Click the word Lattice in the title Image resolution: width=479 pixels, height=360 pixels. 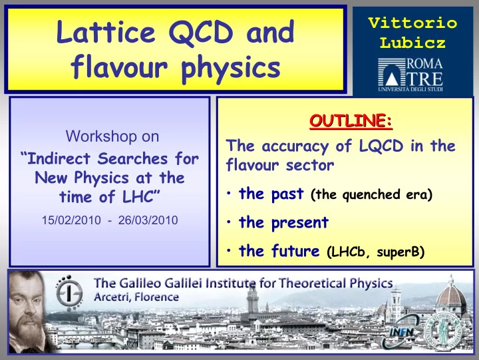(106, 31)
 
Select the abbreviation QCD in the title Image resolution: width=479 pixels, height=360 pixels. (201, 33)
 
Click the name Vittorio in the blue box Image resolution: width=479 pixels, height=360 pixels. (412, 23)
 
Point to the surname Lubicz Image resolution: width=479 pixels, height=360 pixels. (412, 43)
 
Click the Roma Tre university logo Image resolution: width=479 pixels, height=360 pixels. (410, 75)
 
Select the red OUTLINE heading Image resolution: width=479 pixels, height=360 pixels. (351, 120)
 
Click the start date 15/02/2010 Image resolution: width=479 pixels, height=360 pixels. (71, 220)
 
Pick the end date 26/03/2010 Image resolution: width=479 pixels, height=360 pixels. (148, 220)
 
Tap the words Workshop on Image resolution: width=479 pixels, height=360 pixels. (112, 136)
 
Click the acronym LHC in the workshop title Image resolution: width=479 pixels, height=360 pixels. (138, 196)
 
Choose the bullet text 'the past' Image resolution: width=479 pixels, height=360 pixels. (271, 194)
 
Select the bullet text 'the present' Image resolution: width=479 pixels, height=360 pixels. (284, 222)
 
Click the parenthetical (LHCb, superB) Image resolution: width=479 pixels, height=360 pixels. (375, 252)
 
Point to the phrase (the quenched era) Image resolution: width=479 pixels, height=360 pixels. (371, 194)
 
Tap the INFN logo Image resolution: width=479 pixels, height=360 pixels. (402, 332)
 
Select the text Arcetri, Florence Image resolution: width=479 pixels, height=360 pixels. (136, 297)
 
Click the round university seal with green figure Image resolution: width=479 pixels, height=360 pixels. (444, 331)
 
